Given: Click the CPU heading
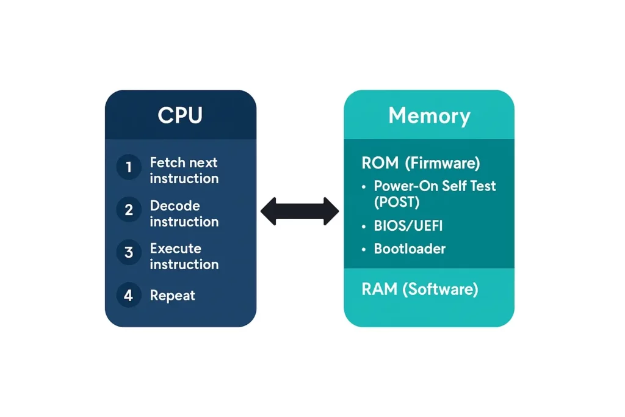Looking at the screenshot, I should pyautogui.click(x=180, y=115).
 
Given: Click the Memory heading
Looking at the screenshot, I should pyautogui.click(x=429, y=115).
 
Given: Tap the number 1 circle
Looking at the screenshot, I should pyautogui.click(x=129, y=167).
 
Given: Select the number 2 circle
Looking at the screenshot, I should pyautogui.click(x=129, y=210).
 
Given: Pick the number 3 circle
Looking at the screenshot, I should pyautogui.click(x=129, y=253).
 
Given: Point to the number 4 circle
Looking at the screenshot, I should pyautogui.click(x=129, y=296).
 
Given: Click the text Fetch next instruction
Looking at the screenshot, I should pyautogui.click(x=184, y=170).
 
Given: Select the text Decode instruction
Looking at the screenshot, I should pyautogui.click(x=184, y=214).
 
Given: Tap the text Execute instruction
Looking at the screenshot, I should pyautogui.click(x=184, y=256).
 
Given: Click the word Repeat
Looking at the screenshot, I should pyautogui.click(x=173, y=296).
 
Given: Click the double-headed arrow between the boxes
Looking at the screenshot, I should pyautogui.click(x=300, y=211).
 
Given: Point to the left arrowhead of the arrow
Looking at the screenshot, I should pyautogui.click(x=269, y=211).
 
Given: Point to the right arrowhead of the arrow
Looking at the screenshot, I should pyautogui.click(x=331, y=211).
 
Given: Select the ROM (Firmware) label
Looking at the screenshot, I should pyautogui.click(x=421, y=163).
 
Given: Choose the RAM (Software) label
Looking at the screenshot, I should pyautogui.click(x=419, y=289).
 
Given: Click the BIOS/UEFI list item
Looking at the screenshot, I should pyautogui.click(x=408, y=226).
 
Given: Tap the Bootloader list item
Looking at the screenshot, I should pyautogui.click(x=410, y=249).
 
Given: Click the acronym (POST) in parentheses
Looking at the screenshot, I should pyautogui.click(x=397, y=201).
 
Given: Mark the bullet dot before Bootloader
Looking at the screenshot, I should pyautogui.click(x=364, y=250).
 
